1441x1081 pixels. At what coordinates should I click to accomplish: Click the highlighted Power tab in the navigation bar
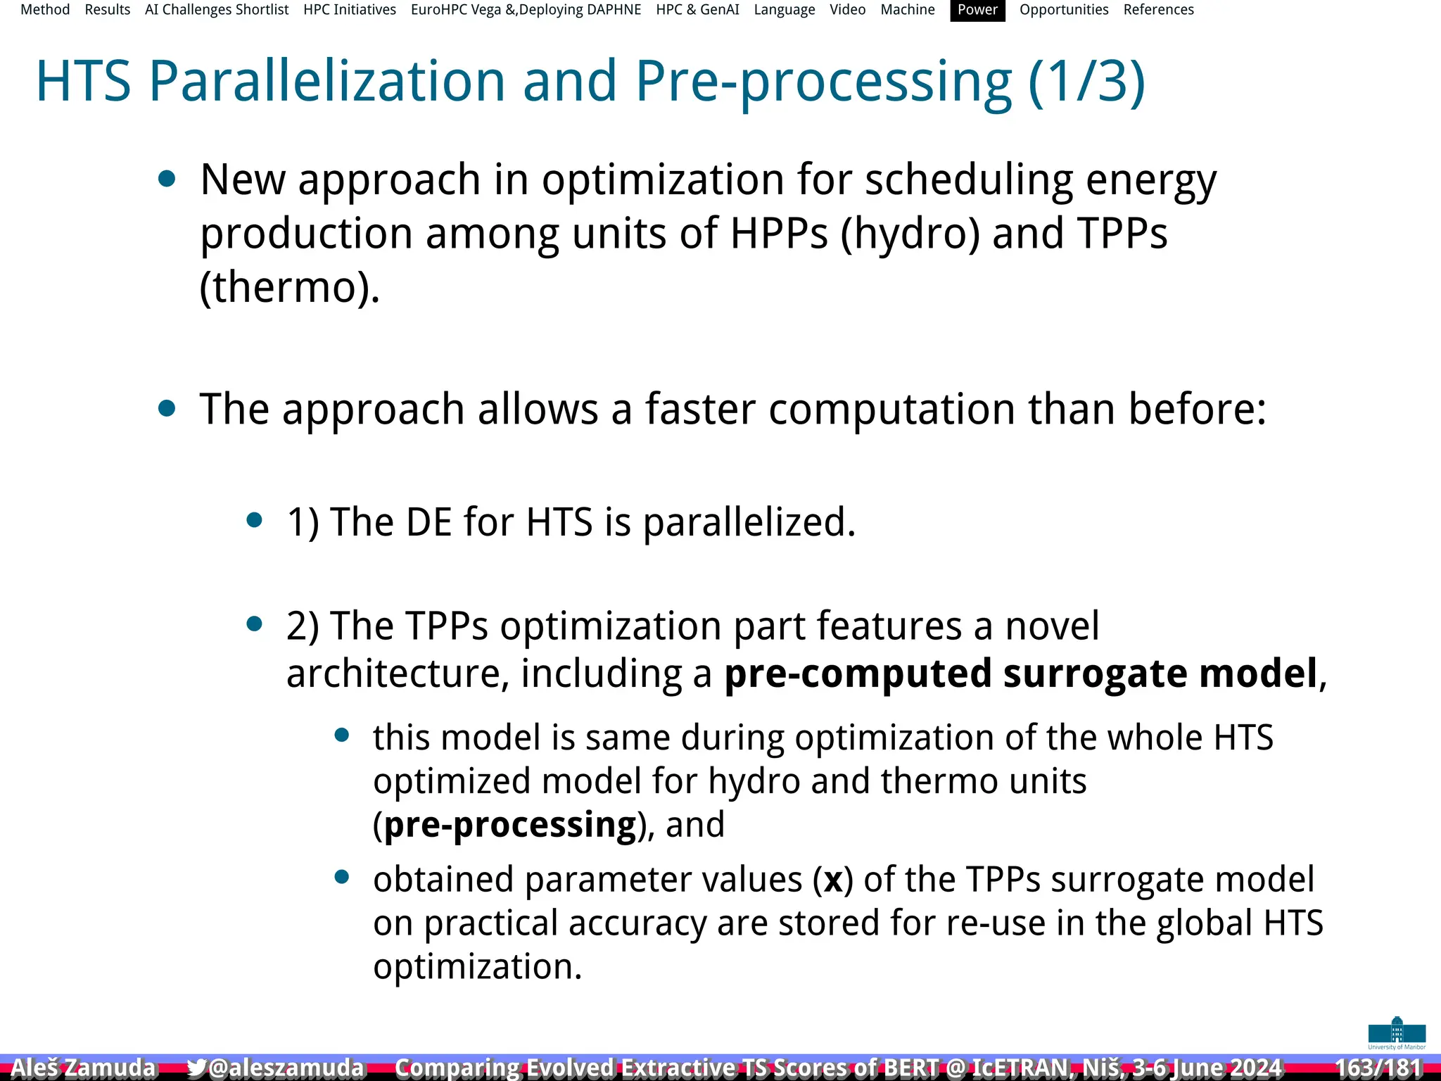[977, 10]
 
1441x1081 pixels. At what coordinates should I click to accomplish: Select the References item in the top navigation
[1158, 10]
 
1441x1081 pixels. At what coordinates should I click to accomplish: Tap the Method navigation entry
[45, 10]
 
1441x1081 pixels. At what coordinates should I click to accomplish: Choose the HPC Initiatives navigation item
[350, 10]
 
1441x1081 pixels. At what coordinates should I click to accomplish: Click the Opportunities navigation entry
[1063, 10]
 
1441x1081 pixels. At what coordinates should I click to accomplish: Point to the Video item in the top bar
[847, 10]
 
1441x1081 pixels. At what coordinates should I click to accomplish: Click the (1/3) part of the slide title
[1086, 82]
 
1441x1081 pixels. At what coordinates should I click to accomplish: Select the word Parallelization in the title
[327, 82]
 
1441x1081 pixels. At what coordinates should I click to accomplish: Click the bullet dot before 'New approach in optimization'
[167, 179]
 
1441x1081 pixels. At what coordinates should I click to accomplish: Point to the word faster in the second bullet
[700, 409]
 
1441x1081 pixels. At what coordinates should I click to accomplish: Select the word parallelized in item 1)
[749, 522]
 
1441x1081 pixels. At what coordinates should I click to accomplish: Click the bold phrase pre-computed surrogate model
[1020, 674]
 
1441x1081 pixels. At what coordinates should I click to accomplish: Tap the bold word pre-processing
[510, 824]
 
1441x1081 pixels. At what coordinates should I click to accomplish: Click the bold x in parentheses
[833, 880]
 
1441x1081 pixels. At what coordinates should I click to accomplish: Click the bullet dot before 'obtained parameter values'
[342, 877]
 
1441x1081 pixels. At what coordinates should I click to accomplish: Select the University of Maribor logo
[1396, 1032]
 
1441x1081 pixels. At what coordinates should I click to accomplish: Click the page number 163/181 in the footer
[1378, 1068]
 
